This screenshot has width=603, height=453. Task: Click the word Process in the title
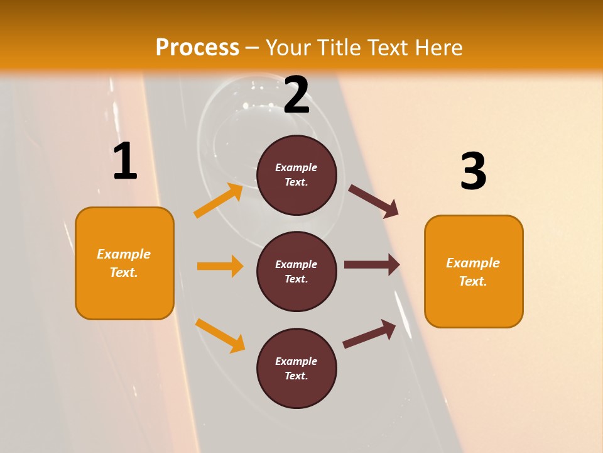(x=197, y=47)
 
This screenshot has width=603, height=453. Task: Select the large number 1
(x=125, y=162)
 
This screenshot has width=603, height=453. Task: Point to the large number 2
(x=296, y=95)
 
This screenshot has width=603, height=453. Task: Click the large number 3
(x=473, y=172)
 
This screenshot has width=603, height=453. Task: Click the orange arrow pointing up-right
(x=219, y=201)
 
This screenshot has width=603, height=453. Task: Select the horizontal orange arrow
(x=220, y=266)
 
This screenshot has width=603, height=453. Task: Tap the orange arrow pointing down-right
(x=220, y=335)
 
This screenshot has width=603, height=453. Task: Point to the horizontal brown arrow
(x=372, y=265)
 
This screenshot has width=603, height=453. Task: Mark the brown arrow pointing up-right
(x=369, y=334)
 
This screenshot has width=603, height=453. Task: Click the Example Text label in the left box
(x=124, y=263)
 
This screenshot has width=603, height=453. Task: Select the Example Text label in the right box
(x=473, y=272)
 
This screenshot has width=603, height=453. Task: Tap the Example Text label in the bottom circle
(x=296, y=369)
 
